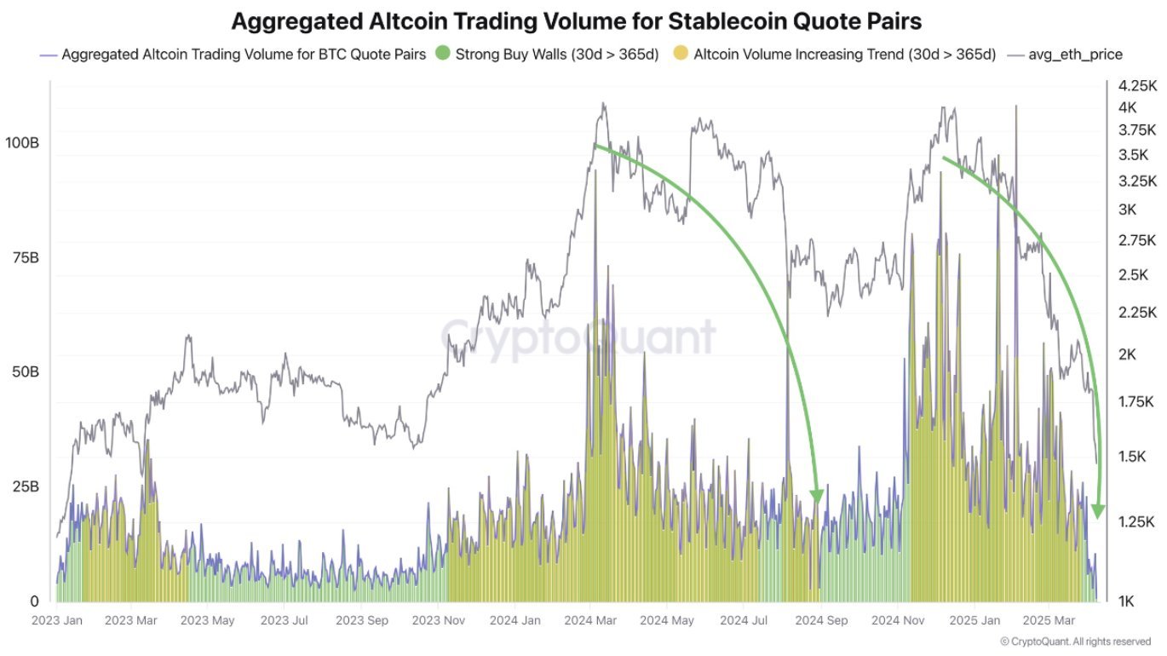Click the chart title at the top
(577, 20)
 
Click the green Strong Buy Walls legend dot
(442, 55)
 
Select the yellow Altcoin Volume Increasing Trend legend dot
(680, 55)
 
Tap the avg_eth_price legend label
(1075, 55)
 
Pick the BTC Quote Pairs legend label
(244, 55)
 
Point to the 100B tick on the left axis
(22, 142)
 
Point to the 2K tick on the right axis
(1127, 354)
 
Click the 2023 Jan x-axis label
(57, 620)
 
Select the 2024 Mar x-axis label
(590, 620)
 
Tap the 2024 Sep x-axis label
(821, 620)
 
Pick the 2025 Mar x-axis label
(1049, 620)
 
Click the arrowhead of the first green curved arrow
(817, 497)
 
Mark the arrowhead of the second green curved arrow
(1098, 511)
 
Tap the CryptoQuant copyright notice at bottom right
(1076, 642)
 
